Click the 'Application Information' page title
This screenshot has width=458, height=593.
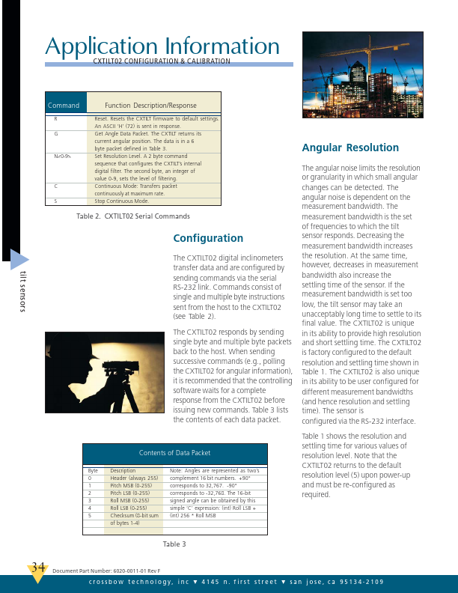click(x=162, y=46)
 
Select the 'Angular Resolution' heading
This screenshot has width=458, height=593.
click(x=349, y=148)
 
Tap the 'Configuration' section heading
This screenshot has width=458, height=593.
click(x=208, y=238)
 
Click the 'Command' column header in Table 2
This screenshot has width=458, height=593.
click(x=64, y=106)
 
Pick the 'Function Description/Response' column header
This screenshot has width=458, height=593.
click(x=150, y=106)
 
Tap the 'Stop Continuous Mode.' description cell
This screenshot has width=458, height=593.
click(x=121, y=201)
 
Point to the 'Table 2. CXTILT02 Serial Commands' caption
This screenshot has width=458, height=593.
click(x=133, y=216)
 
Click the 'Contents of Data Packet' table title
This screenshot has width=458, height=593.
click(x=174, y=453)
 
